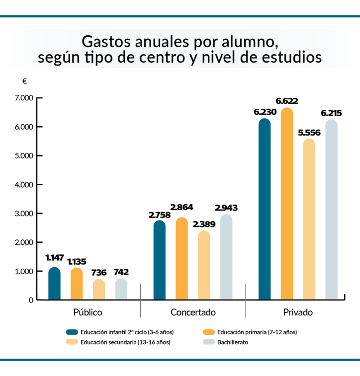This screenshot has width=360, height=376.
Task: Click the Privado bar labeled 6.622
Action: (287, 204)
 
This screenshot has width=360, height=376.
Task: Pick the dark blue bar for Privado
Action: (265, 209)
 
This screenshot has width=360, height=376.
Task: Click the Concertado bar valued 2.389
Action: (204, 265)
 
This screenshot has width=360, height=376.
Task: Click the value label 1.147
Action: (55, 258)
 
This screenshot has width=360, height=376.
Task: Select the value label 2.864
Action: (181, 207)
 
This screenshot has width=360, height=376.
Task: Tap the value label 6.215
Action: (332, 113)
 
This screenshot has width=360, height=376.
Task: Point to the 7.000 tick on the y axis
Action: (24, 98)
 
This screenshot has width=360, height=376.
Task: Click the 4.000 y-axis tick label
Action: (24, 185)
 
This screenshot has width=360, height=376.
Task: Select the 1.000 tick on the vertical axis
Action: (24, 272)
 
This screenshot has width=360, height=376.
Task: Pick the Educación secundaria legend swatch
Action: (72, 342)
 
